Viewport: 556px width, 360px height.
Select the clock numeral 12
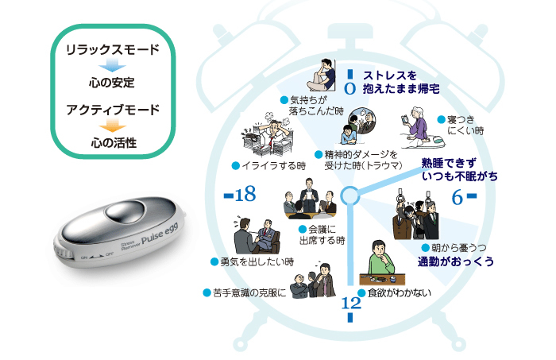tap(350, 304)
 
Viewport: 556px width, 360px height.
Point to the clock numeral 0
tap(350, 79)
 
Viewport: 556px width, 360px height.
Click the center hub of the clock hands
tap(349, 195)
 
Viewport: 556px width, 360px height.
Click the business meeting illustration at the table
tap(309, 199)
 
